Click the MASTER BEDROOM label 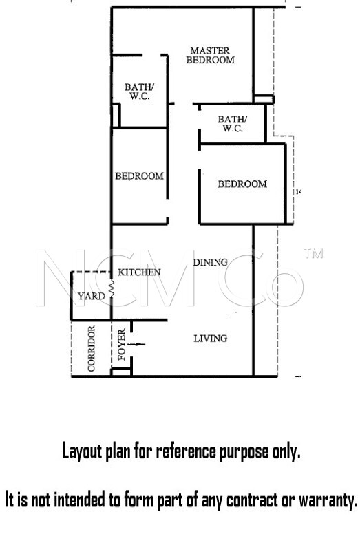point(211,55)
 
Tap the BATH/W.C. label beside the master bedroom point(140,92)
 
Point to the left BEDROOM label point(140,176)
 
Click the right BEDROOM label point(242,184)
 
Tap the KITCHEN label point(140,272)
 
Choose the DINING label point(211,262)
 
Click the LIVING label point(211,339)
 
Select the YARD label point(92,296)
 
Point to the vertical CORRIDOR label point(92,349)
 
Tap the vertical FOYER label point(122,344)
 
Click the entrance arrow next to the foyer point(136,344)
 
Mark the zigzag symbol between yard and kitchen point(112,288)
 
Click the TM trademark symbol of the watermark point(314,253)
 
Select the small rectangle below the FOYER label point(121,372)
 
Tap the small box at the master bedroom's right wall point(264,99)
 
